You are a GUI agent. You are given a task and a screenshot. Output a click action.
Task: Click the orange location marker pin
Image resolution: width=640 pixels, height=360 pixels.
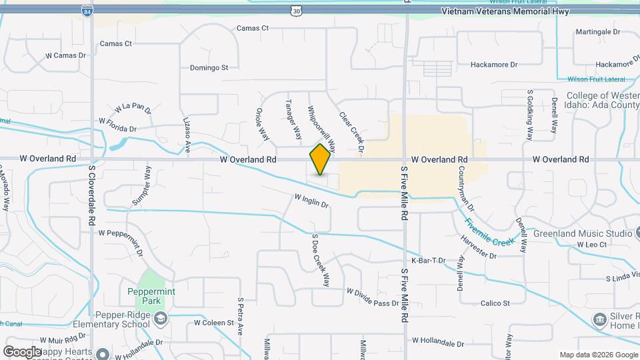(321, 159)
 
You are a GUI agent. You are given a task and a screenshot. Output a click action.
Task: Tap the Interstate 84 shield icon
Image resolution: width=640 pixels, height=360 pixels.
(87, 11)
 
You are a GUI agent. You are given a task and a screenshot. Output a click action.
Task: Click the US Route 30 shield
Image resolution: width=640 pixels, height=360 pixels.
(296, 11)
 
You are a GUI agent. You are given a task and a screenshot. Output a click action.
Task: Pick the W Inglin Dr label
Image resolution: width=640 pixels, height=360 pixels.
(312, 200)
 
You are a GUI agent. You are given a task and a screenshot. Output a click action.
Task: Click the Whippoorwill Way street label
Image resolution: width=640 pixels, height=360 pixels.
(321, 127)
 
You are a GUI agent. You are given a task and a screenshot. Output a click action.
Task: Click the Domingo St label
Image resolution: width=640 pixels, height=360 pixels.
(209, 67)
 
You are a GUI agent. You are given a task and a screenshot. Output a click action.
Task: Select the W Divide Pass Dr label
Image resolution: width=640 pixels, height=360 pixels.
(372, 297)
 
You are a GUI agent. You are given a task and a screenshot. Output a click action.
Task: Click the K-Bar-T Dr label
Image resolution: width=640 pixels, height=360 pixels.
(428, 261)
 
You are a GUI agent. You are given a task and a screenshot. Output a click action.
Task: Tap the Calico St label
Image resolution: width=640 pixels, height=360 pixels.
(495, 303)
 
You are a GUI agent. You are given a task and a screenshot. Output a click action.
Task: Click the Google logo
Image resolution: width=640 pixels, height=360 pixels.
(22, 351)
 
